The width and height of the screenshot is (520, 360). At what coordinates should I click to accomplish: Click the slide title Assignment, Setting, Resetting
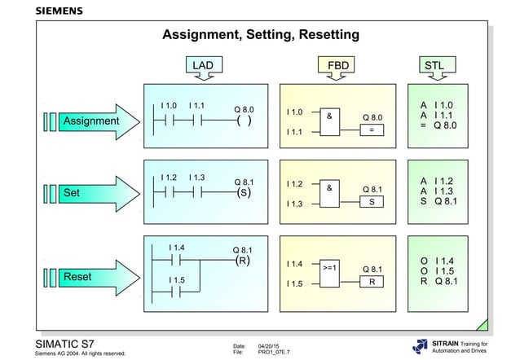(x=261, y=35)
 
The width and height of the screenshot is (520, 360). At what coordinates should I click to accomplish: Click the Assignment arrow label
(x=90, y=121)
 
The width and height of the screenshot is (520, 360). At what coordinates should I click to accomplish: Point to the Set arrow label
(x=73, y=194)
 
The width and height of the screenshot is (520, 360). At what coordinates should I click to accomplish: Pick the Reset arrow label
(x=77, y=277)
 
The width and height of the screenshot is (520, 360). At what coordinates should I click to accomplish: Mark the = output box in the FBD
(x=372, y=130)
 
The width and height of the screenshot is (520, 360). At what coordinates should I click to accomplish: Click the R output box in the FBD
(x=372, y=281)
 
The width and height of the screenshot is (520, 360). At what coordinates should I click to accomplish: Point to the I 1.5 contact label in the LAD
(x=177, y=279)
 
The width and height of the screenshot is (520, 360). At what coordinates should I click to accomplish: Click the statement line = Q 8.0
(x=438, y=126)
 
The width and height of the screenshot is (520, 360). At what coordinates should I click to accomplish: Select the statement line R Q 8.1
(x=438, y=281)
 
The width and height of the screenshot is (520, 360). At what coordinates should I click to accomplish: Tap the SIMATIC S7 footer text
(x=72, y=342)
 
